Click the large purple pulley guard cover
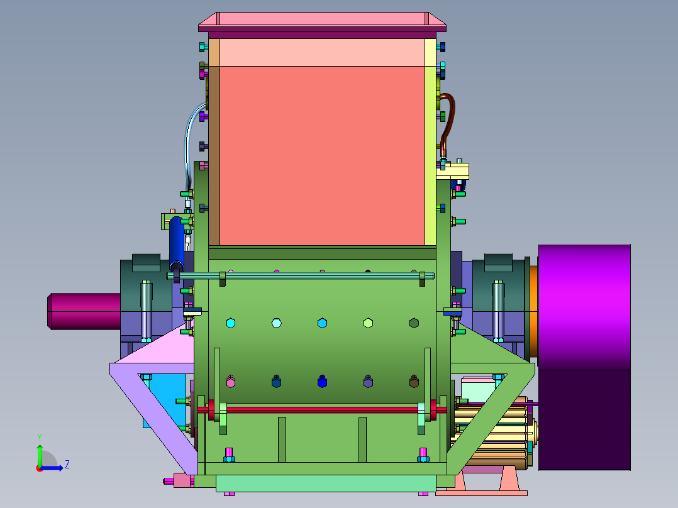[x=584, y=356]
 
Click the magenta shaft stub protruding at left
[x=84, y=311]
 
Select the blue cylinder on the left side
[x=176, y=245]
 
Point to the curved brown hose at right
[x=448, y=123]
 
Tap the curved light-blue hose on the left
[x=190, y=143]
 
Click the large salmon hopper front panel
[x=322, y=156]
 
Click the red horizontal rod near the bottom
[x=322, y=409]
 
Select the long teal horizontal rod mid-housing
[x=301, y=276]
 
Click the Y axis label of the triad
[x=40, y=438]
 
